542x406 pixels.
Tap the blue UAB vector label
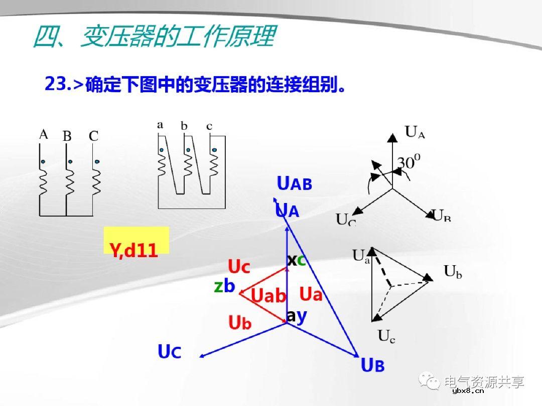click(x=295, y=184)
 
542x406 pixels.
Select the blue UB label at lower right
click(x=372, y=365)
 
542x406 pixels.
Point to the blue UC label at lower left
click(x=169, y=352)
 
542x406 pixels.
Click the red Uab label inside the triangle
click(x=268, y=296)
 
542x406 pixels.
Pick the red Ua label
click(x=311, y=294)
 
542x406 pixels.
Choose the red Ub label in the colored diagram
click(x=239, y=323)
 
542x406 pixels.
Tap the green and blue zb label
click(x=224, y=286)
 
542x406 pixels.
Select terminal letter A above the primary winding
click(x=44, y=134)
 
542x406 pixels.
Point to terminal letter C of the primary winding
click(x=93, y=136)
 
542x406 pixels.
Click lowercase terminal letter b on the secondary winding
click(x=184, y=126)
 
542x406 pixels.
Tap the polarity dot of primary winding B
click(x=70, y=161)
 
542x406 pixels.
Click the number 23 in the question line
click(x=55, y=84)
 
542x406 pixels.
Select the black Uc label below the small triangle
click(x=386, y=336)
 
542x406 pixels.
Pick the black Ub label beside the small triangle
click(x=453, y=272)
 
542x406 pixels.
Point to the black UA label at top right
click(x=415, y=132)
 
